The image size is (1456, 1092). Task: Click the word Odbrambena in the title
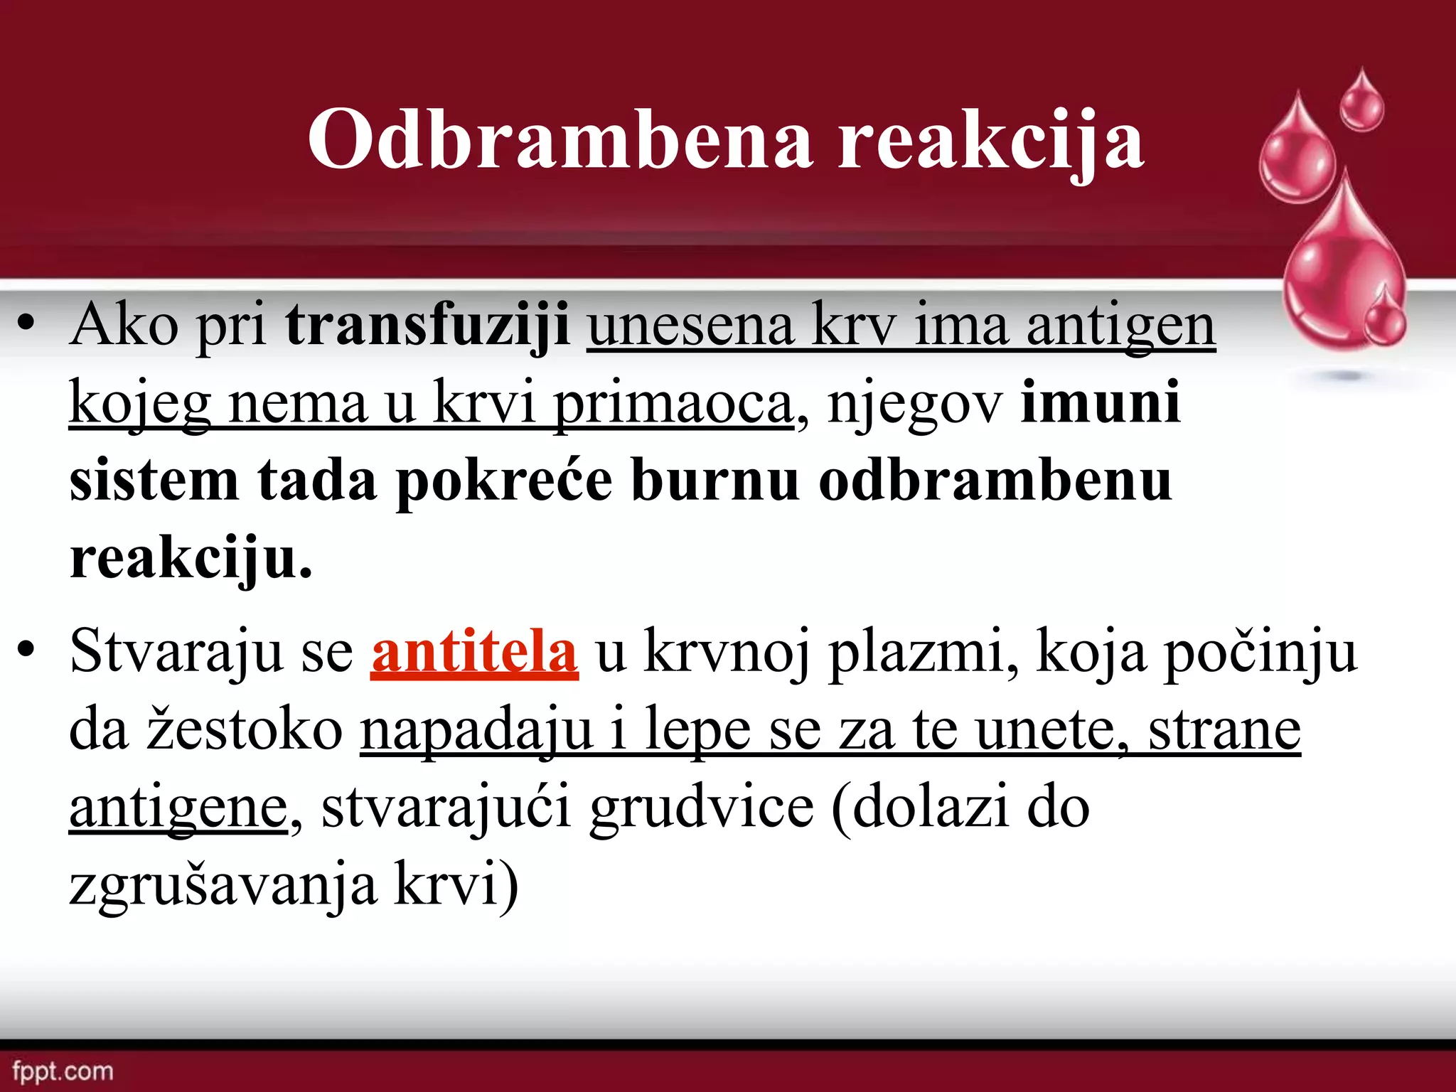pos(560,139)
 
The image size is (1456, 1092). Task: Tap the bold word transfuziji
pos(427,326)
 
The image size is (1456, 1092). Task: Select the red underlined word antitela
pos(474,651)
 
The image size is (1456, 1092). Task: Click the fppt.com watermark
pos(63,1071)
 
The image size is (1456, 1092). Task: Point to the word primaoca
pos(673,404)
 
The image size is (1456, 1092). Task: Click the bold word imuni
pos(1101,402)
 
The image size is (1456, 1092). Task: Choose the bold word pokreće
pos(504,481)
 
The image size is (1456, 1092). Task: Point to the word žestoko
pos(245,729)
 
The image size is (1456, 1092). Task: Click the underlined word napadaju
pos(476,731)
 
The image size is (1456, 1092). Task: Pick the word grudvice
pos(702,808)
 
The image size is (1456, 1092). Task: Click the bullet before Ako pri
pos(26,326)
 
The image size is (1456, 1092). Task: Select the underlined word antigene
pos(178,809)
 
